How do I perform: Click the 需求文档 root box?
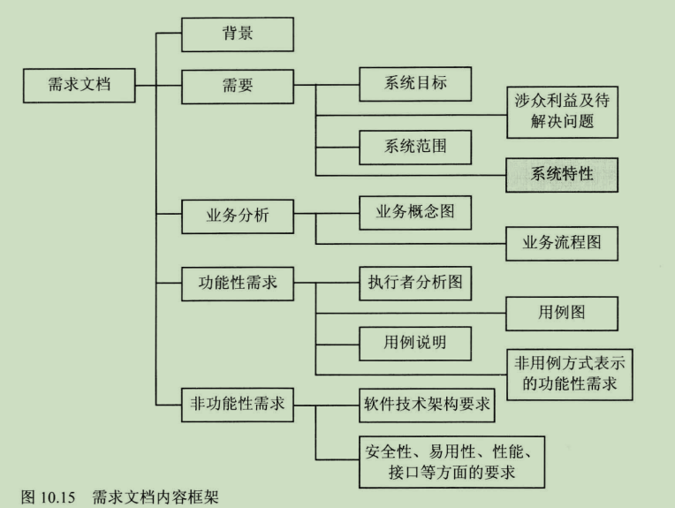pos(80,87)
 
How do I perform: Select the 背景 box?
pos(238,35)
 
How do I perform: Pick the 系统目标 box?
pos(415,85)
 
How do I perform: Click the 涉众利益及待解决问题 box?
pos(562,112)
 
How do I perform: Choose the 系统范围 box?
pos(415,146)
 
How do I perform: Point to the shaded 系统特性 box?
pos(562,174)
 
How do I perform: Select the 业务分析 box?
pos(238,216)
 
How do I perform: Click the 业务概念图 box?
pos(415,212)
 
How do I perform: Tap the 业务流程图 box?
pos(562,244)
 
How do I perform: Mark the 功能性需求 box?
pos(238,284)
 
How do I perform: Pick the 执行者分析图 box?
pos(415,284)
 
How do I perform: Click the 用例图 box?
pos(562,313)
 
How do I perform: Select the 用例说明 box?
pos(415,343)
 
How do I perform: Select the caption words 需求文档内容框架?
pos(155,498)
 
